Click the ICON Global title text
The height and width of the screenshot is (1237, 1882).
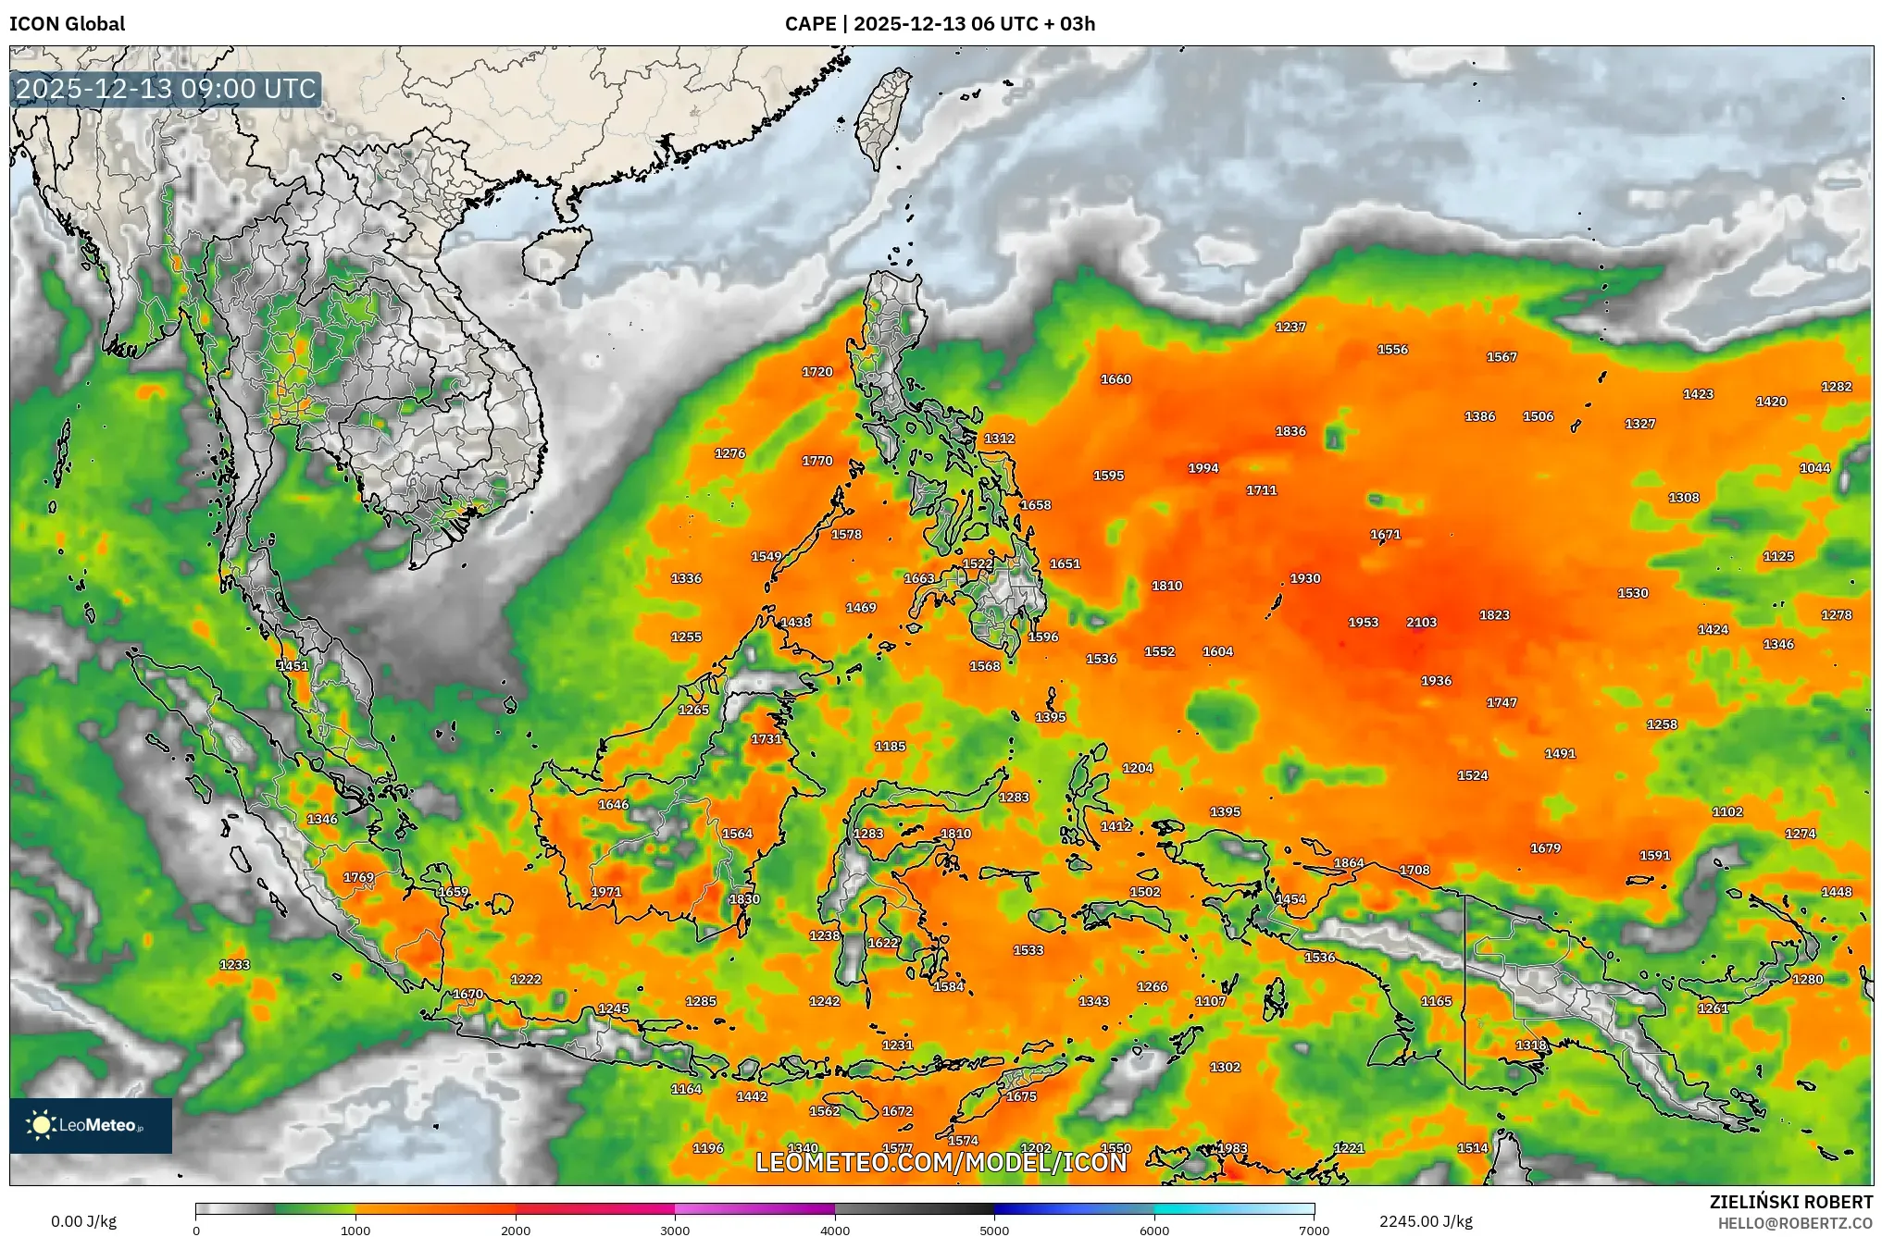pos(67,24)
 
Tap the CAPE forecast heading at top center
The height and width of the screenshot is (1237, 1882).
pos(940,24)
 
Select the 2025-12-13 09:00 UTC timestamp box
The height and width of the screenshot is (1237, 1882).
pos(167,89)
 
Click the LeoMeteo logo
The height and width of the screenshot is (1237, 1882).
pos(90,1125)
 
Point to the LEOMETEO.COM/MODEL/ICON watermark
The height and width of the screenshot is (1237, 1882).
pos(941,1162)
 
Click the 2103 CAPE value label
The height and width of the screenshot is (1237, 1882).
pos(1421,623)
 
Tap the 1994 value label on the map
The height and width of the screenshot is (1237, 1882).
pos(1203,468)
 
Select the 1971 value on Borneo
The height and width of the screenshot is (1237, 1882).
pos(606,892)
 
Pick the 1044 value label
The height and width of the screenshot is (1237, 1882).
pos(1814,468)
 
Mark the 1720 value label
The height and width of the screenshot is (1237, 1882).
pos(816,372)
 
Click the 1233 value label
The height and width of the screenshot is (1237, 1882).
pos(234,964)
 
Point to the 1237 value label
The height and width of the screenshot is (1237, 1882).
pos(1290,328)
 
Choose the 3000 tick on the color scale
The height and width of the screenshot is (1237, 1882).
pos(675,1230)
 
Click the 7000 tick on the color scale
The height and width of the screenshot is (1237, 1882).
pos(1314,1230)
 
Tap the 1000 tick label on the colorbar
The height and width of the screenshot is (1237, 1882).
pos(355,1230)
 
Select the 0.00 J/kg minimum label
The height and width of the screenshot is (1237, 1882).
pos(83,1221)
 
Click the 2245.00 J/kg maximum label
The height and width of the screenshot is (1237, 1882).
pos(1426,1221)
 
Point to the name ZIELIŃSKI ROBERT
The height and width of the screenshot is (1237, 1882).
pos(1790,1202)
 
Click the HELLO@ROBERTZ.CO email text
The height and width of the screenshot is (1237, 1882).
pos(1795,1223)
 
